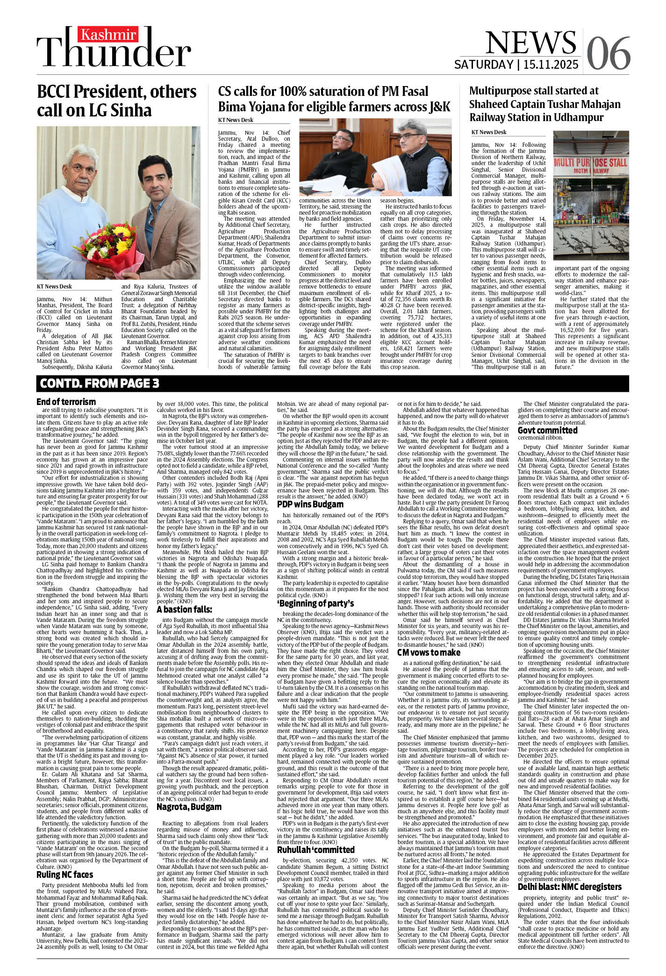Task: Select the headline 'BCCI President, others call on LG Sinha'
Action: point(117,101)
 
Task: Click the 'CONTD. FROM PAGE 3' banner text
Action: point(100,383)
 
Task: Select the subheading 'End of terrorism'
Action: point(66,402)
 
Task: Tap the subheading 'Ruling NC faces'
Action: point(64,875)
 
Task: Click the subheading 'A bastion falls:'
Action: point(184,609)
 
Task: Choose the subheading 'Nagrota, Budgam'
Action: point(189,807)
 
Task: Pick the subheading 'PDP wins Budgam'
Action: point(310,504)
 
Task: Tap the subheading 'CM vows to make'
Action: point(429,652)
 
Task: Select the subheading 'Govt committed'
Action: point(547,430)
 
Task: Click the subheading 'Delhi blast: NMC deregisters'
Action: point(569,887)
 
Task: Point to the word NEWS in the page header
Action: point(531,43)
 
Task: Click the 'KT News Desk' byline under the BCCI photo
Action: point(55,287)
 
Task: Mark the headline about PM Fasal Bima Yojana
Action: point(334,99)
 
